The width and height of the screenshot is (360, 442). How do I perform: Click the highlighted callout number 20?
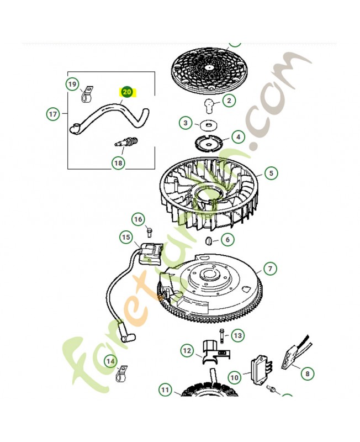coord(127,92)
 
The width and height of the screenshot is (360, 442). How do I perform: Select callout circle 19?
coord(72,85)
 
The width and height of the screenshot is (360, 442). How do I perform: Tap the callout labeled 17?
coord(53,114)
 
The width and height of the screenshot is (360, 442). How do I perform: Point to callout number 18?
coord(118,163)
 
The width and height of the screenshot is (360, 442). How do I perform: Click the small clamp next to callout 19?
coord(87,94)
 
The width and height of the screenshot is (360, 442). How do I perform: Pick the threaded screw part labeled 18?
coord(127,141)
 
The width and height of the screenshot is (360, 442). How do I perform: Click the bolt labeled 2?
coord(209,105)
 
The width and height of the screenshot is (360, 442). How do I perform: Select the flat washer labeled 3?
coord(208,125)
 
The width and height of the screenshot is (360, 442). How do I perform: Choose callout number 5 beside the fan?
coord(271,173)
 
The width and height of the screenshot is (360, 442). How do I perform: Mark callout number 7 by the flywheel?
coord(270,269)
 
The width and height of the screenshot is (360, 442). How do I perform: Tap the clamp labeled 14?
coord(121,373)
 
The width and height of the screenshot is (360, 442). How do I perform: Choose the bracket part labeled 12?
coord(216,352)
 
